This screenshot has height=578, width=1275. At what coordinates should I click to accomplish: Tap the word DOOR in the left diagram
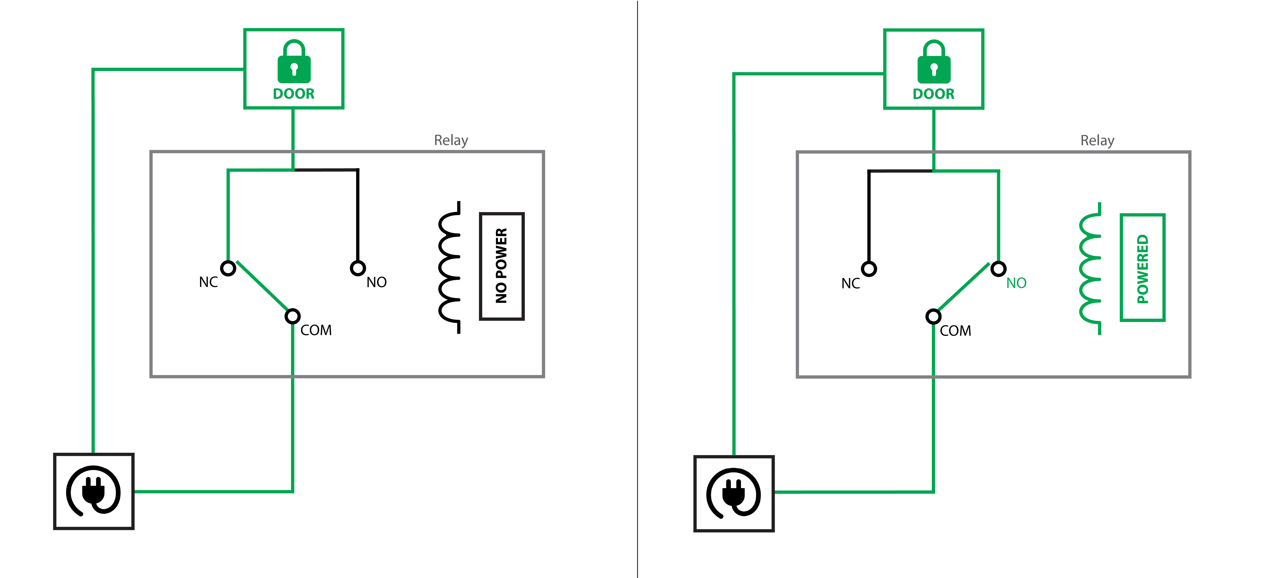click(x=294, y=94)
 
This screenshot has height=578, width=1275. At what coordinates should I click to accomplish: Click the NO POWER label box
click(x=501, y=266)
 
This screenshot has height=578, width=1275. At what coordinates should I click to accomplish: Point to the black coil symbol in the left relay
click(x=450, y=267)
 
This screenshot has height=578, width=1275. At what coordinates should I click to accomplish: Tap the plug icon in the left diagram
click(x=94, y=491)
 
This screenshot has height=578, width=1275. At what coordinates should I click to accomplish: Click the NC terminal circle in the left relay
click(x=228, y=268)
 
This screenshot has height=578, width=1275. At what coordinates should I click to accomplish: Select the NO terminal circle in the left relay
click(x=358, y=268)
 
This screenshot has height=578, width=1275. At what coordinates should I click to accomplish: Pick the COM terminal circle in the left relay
click(x=292, y=316)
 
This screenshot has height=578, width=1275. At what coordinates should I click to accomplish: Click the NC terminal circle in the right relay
click(x=869, y=269)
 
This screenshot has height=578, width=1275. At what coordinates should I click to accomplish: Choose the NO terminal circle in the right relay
click(x=998, y=269)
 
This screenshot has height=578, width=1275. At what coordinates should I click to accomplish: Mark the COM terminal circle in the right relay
click(x=933, y=316)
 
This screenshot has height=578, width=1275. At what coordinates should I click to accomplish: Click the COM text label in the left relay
click(x=316, y=330)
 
